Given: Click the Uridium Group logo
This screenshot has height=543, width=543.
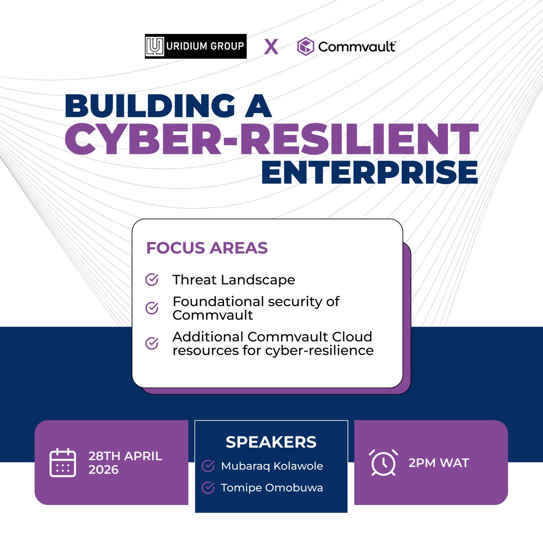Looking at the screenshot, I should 195,46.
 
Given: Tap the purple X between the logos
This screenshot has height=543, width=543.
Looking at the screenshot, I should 271,46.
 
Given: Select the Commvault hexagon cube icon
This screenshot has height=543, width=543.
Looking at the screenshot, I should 305,46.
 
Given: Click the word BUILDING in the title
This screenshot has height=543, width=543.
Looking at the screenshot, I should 150,106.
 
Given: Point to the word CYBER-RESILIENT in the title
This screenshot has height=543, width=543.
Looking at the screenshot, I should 271,139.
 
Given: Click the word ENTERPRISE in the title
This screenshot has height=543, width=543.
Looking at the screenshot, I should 370,172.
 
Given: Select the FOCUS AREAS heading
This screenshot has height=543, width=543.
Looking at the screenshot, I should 207,248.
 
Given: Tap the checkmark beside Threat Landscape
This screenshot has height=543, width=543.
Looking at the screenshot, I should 152,280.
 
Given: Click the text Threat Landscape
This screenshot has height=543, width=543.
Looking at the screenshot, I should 233,280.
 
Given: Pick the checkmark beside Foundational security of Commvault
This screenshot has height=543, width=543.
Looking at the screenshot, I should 152,308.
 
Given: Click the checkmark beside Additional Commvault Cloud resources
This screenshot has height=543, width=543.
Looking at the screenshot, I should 152,343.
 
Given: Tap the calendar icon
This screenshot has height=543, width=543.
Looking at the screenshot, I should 62,462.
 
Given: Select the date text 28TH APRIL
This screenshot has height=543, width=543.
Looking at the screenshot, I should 125,456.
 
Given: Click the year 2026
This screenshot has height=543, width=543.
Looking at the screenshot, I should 104,470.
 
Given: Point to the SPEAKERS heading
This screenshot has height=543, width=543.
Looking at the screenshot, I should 271,442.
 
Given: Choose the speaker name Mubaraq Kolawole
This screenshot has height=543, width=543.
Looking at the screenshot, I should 272,466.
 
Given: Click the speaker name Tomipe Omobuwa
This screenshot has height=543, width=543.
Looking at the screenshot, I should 272,488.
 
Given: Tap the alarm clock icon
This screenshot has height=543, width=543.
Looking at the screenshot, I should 383,462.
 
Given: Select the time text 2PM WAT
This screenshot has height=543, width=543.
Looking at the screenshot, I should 438,463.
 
